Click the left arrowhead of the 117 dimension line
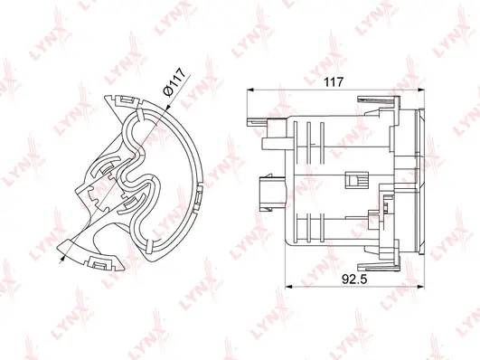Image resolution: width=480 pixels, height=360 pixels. [x=250, y=90]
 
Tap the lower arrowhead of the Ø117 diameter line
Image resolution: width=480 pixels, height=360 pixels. [x=63, y=257]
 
